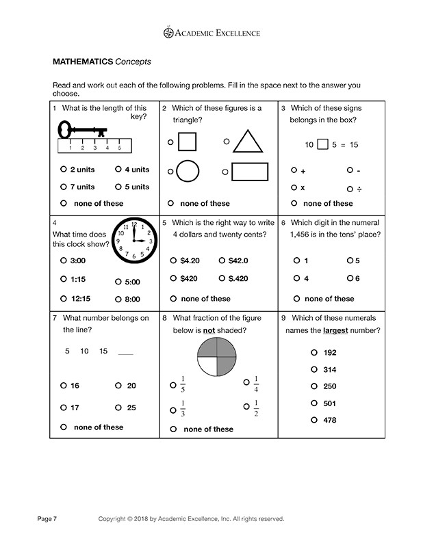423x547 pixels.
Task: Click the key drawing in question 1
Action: pyautogui.click(x=82, y=131)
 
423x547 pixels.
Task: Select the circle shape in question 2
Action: pyautogui.click(x=187, y=171)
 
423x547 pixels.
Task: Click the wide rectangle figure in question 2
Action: pyautogui.click(x=249, y=171)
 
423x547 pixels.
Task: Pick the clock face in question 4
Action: pyautogui.click(x=134, y=241)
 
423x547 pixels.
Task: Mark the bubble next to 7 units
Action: pyautogui.click(x=64, y=187)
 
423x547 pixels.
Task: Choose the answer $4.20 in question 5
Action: pyautogui.click(x=189, y=261)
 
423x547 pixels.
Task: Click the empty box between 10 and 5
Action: pyautogui.click(x=324, y=144)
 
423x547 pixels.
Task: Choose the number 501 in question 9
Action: pyautogui.click(x=329, y=403)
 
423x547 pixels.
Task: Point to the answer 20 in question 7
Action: pyautogui.click(x=131, y=386)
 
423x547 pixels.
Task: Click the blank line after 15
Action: pyautogui.click(x=126, y=353)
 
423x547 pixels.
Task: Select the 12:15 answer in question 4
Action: pyautogui.click(x=80, y=298)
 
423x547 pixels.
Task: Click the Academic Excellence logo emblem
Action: pyautogui.click(x=169, y=32)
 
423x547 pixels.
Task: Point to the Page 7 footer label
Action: pyautogui.click(x=47, y=519)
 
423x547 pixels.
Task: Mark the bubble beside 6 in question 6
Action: pyautogui.click(x=349, y=278)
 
